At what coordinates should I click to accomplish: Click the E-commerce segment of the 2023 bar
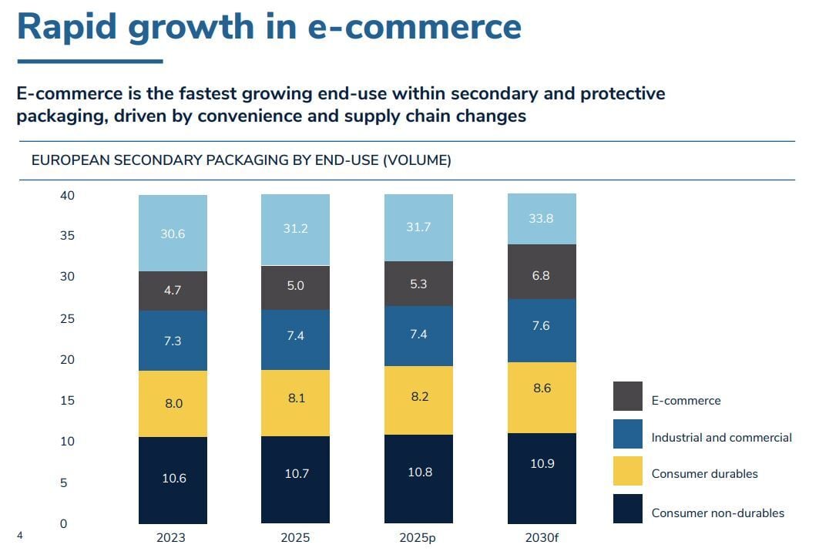(173, 291)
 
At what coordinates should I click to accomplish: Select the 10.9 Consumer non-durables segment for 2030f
(541, 478)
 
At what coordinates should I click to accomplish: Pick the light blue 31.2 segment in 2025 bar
(295, 230)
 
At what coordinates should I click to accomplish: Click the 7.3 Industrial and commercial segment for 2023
(173, 341)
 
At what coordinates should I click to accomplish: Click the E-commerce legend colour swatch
(627, 396)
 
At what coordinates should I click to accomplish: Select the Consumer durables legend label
(704, 474)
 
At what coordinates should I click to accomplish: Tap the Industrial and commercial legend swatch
(627, 434)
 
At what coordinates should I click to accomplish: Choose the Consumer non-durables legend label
(717, 513)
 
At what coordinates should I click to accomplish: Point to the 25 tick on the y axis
(67, 318)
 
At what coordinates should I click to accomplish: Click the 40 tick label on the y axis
(67, 196)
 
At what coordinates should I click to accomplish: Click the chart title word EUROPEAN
(71, 160)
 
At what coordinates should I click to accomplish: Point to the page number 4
(20, 536)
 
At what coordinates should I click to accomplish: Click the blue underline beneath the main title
(90, 61)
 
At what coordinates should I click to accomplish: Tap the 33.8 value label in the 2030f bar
(541, 218)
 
